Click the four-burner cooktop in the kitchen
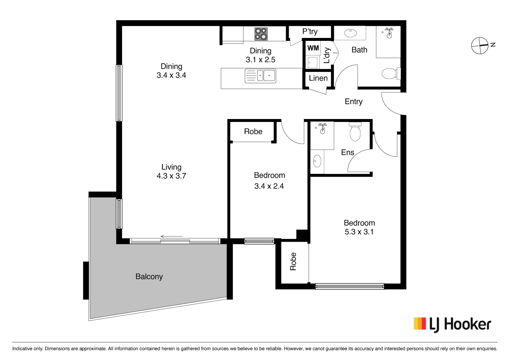(261, 34)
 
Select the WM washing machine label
(313, 48)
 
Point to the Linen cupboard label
(318, 78)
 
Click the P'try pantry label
(310, 31)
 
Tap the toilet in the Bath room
(391, 73)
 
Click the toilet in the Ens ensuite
(355, 131)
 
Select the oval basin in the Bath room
(350, 33)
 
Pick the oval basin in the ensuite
(317, 161)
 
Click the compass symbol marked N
(480, 45)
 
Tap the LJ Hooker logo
(452, 324)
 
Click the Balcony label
(149, 277)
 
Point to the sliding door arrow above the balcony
(171, 236)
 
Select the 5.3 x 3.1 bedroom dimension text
(359, 232)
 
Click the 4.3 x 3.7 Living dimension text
(171, 176)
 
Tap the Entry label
(354, 102)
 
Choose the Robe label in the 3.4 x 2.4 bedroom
(253, 131)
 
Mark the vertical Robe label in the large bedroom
(293, 261)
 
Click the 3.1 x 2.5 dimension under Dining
(261, 59)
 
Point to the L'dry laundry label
(327, 55)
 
